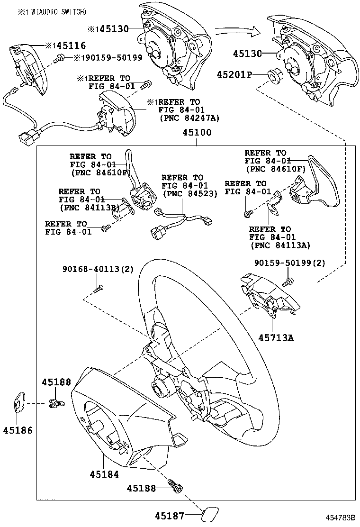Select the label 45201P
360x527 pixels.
(235, 74)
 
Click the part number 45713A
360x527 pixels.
(276, 337)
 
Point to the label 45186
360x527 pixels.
(18, 430)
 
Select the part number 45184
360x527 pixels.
(104, 473)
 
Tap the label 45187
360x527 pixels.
(170, 515)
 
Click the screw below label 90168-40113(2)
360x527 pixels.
(98, 287)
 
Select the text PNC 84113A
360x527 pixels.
(279, 245)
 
